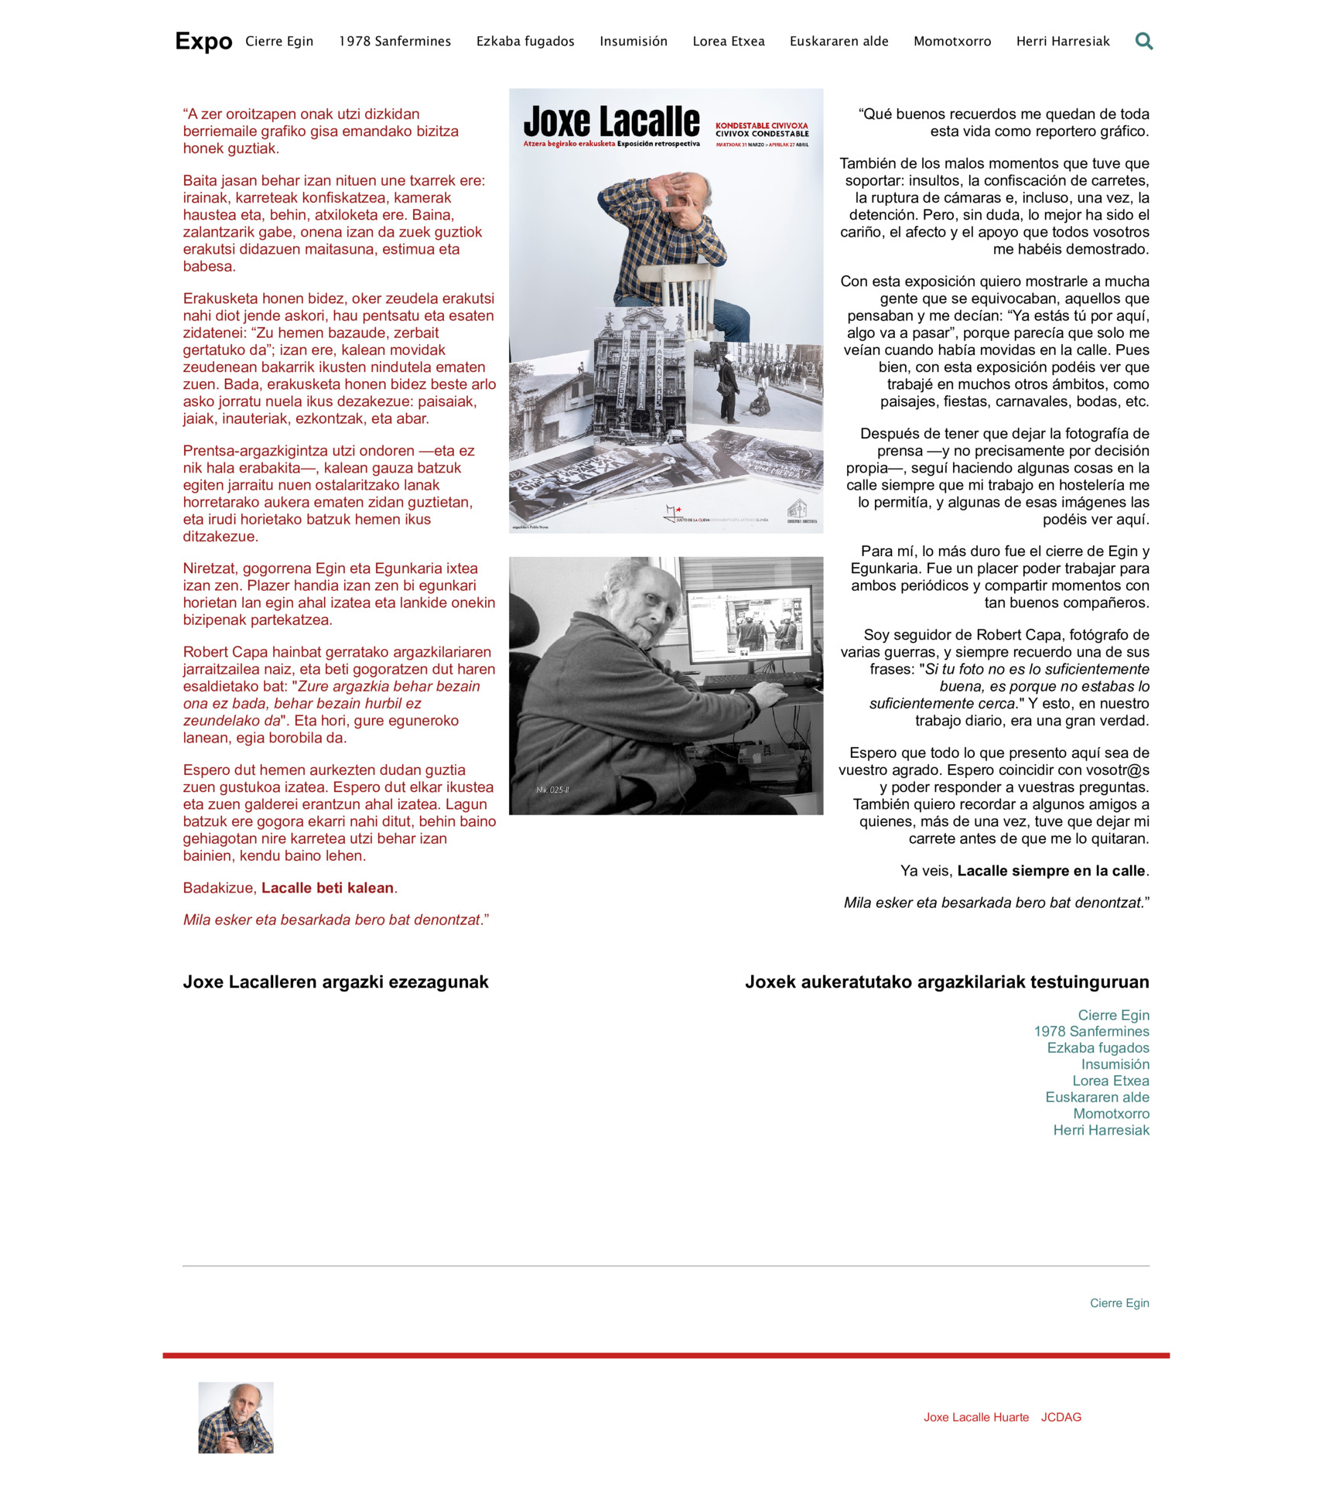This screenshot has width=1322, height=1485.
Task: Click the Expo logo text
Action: (x=203, y=41)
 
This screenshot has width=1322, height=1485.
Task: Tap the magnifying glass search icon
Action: (x=1143, y=41)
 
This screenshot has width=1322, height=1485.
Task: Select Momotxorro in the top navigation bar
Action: (x=951, y=42)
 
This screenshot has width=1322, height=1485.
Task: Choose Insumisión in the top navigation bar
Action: (x=633, y=42)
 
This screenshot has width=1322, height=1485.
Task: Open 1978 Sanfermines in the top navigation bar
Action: (x=395, y=42)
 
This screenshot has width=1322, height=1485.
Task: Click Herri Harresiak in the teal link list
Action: (x=1101, y=1130)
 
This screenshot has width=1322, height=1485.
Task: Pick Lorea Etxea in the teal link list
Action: (x=1110, y=1080)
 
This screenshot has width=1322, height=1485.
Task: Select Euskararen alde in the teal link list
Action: (x=1097, y=1097)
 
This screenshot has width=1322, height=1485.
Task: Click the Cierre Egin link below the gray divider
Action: (x=1119, y=1303)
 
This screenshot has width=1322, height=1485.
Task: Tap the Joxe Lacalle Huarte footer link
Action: (x=975, y=1417)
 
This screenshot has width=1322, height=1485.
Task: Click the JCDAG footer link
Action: (x=1061, y=1417)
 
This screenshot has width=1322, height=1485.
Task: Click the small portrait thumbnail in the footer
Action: (x=236, y=1417)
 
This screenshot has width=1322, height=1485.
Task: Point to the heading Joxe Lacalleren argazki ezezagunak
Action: (x=336, y=982)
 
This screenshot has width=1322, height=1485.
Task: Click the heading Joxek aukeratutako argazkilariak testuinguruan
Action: (x=946, y=982)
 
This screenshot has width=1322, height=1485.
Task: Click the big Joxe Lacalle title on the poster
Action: (x=611, y=121)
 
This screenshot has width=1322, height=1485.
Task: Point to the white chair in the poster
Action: (x=685, y=290)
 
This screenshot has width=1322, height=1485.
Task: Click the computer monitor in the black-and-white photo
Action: (x=749, y=623)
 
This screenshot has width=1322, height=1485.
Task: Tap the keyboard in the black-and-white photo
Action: (x=754, y=680)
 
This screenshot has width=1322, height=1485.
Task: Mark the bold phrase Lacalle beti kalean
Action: (x=327, y=888)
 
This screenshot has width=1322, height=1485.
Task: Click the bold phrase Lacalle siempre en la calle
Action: (x=1050, y=871)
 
